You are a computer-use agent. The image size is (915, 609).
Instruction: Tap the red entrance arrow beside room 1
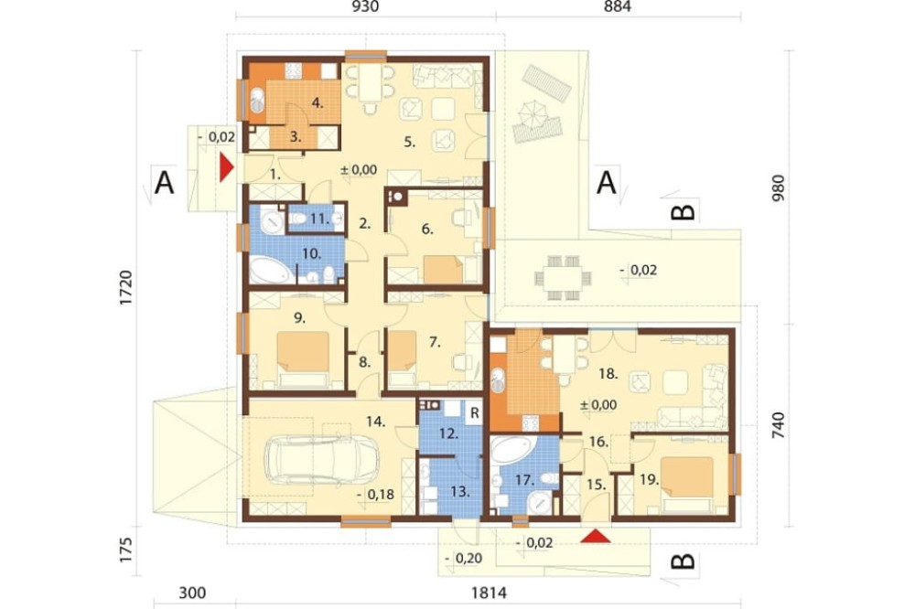pyautogui.click(x=226, y=167)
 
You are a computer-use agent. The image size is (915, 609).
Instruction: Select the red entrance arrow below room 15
pyautogui.click(x=596, y=536)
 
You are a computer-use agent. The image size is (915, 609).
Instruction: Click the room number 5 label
pyautogui.click(x=409, y=142)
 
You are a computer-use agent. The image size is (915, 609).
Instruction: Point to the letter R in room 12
pyautogui.click(x=474, y=413)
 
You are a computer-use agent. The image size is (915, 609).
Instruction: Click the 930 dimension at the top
pyautogui.click(x=365, y=6)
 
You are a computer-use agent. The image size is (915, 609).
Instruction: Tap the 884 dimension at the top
pyautogui.click(x=618, y=6)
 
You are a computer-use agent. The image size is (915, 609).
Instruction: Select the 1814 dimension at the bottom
pyautogui.click(x=489, y=593)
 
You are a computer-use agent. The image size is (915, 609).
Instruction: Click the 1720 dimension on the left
pyautogui.click(x=126, y=287)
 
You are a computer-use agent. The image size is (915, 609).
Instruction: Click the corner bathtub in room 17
pyautogui.click(x=510, y=450)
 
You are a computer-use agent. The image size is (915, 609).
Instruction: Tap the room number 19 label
pyautogui.click(x=649, y=480)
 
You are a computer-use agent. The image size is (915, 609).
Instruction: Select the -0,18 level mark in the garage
pyautogui.click(x=375, y=495)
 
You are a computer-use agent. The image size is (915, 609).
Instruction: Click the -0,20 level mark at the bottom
pyautogui.click(x=463, y=558)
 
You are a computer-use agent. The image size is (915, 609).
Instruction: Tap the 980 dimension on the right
pyautogui.click(x=779, y=187)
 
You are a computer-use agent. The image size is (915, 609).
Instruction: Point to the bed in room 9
pyautogui.click(x=303, y=359)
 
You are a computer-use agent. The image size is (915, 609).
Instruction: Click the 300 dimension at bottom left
pyautogui.click(x=192, y=593)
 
